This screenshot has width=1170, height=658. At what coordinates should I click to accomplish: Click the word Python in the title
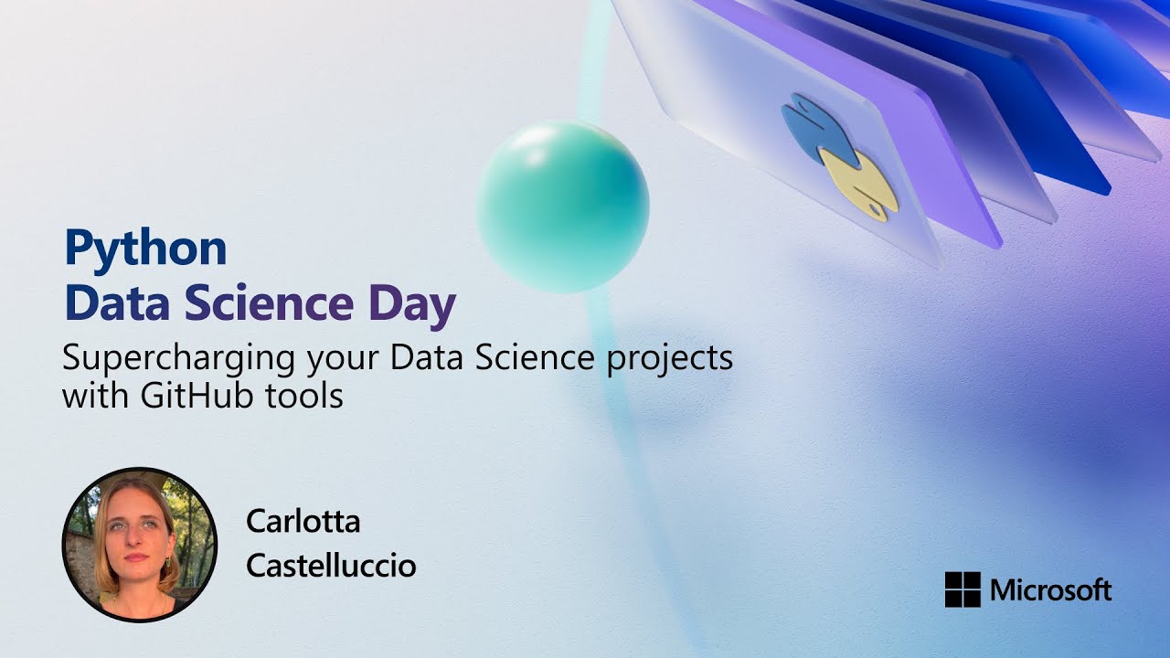(145, 249)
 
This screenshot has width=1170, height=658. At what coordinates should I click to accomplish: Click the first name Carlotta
(303, 522)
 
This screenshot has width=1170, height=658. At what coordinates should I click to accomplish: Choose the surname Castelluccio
(331, 566)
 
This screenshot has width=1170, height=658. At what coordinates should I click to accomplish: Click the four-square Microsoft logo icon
(963, 589)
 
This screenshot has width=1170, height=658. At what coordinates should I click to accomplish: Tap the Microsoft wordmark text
(1050, 589)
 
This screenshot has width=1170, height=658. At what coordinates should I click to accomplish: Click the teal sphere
(563, 207)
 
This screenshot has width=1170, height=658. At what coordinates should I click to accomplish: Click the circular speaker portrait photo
(140, 545)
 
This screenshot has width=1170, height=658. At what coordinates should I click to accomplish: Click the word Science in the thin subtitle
(543, 359)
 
